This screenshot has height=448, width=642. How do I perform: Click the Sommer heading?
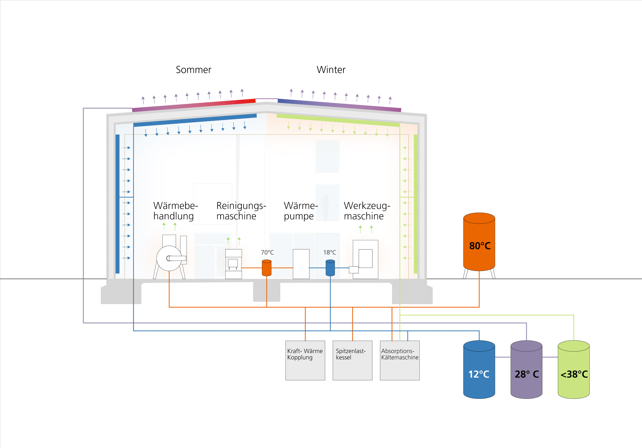[194, 70]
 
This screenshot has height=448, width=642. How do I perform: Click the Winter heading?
[331, 70]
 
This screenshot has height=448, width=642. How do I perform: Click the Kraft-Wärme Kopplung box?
[305, 360]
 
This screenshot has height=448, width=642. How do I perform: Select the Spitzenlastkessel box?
[352, 360]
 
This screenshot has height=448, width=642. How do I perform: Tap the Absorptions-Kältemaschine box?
[400, 360]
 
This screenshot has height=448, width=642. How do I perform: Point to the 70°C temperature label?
[267, 252]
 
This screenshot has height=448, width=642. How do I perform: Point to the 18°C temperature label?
[330, 252]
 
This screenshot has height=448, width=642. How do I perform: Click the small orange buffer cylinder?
[267, 268]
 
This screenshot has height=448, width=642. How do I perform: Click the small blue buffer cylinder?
[330, 268]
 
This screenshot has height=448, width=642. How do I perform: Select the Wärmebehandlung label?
[175, 211]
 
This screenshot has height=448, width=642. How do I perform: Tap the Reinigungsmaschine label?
[241, 211]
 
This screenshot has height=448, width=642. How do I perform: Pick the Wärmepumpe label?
[300, 211]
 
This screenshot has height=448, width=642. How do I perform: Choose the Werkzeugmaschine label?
[367, 211]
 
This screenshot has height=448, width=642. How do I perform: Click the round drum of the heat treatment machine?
[169, 258]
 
